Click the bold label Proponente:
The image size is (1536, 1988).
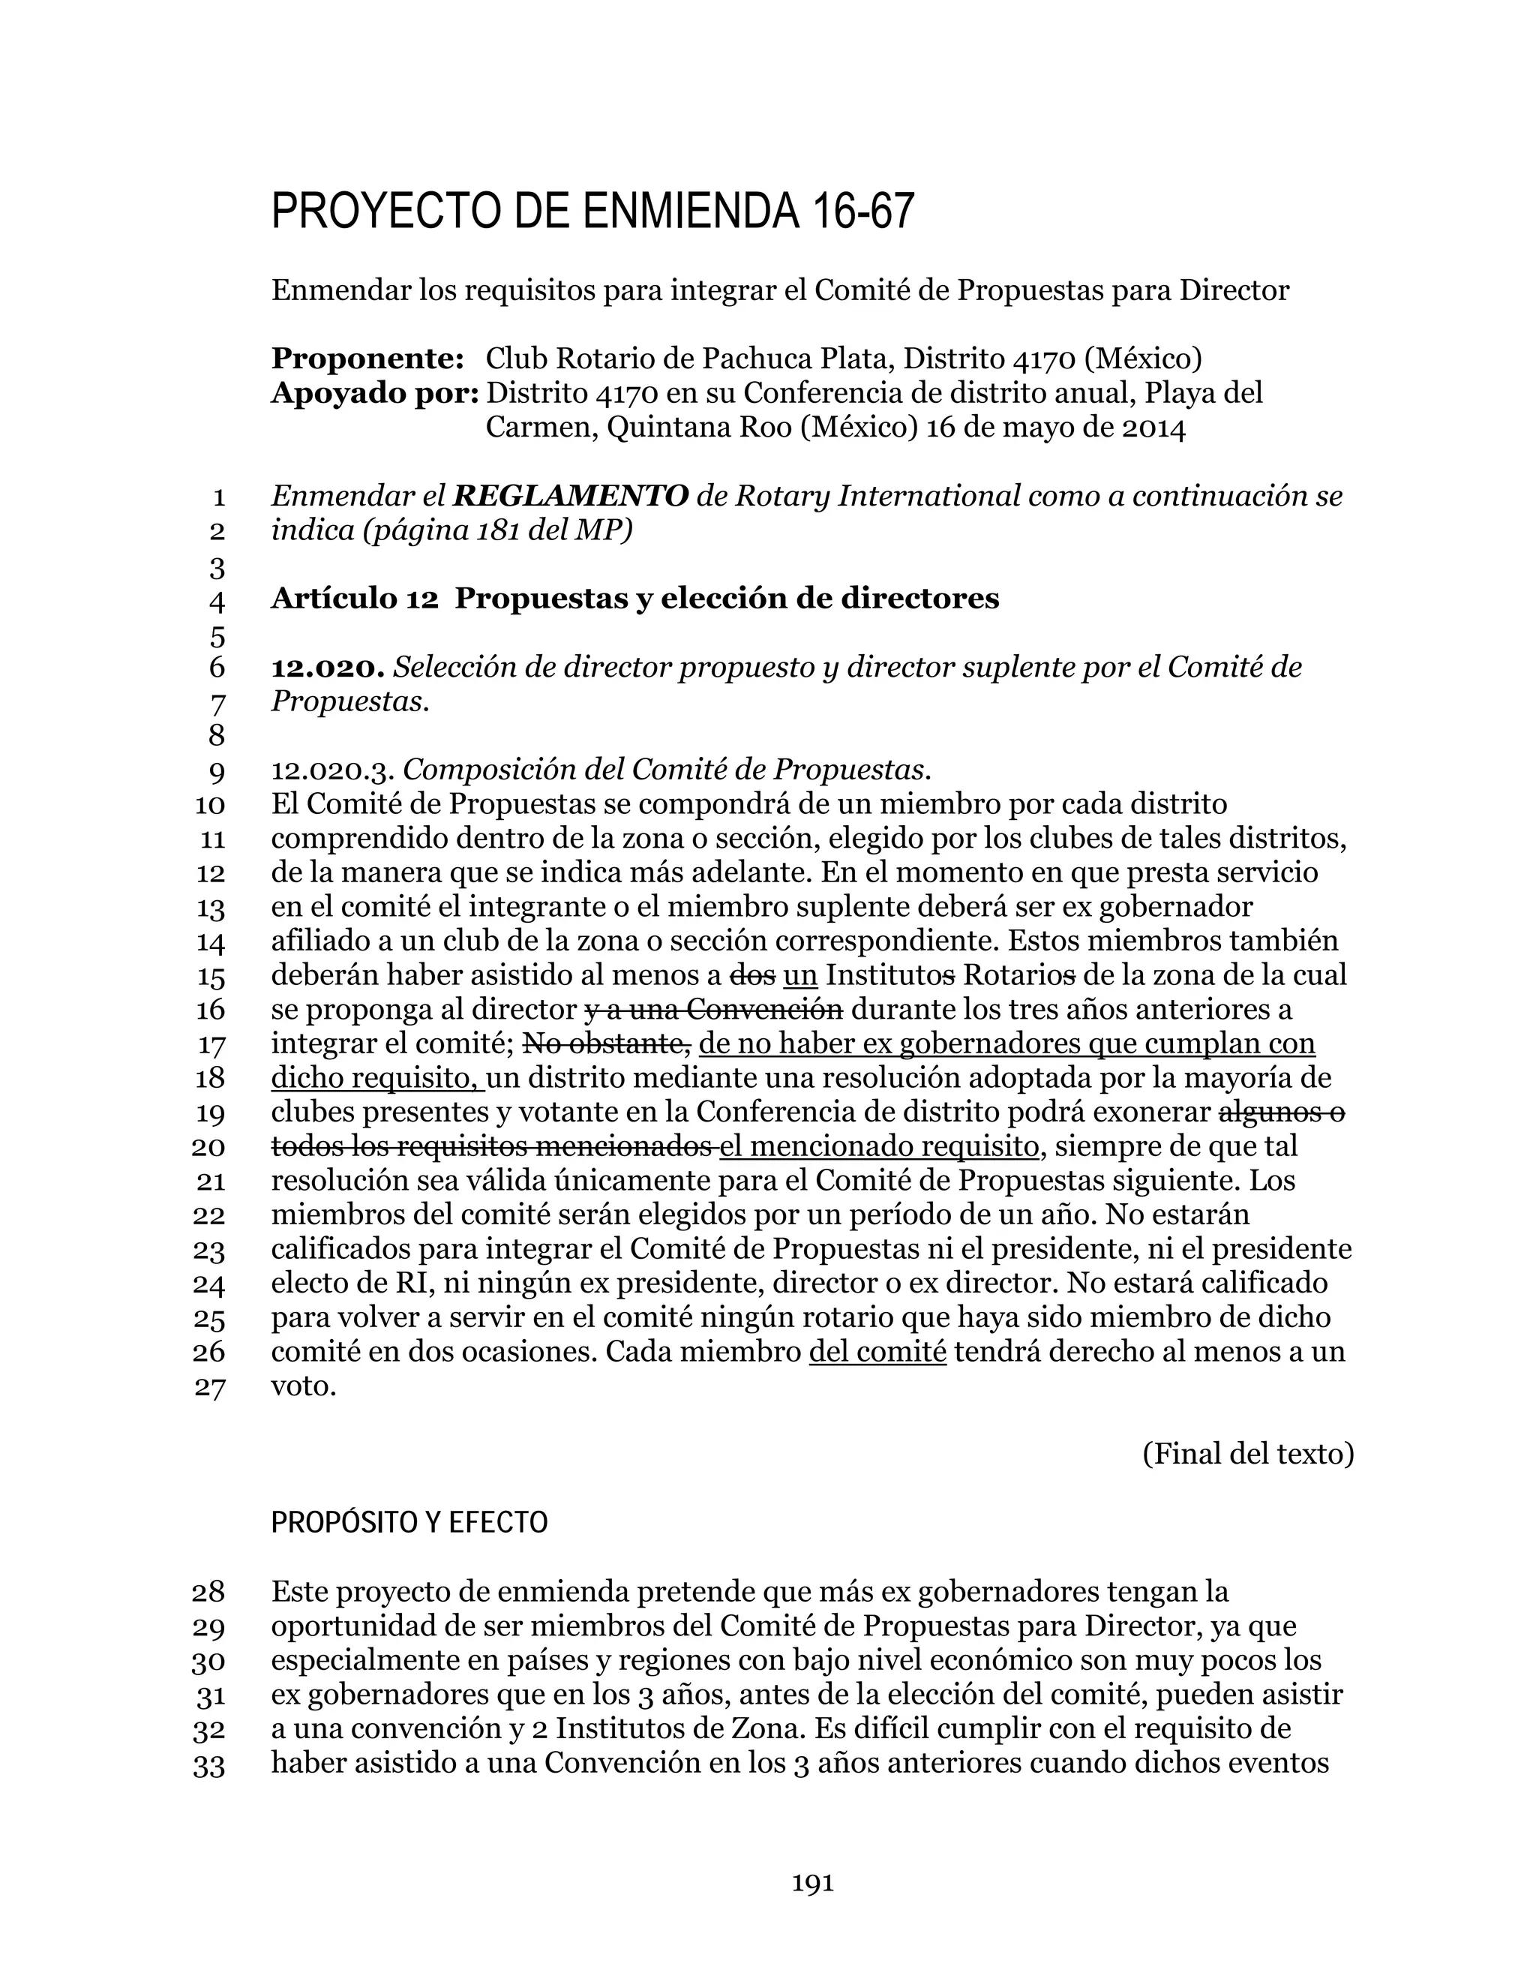(x=367, y=359)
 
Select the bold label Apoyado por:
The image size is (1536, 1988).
(x=375, y=393)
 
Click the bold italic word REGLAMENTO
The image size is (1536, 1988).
(x=571, y=496)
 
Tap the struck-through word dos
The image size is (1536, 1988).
(x=752, y=975)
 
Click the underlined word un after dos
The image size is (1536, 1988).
(x=799, y=975)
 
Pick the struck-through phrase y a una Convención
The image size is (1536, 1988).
(x=713, y=1010)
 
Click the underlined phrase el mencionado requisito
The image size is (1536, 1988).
(x=878, y=1146)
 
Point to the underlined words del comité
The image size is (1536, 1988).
(x=877, y=1352)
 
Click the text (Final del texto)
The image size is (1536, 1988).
(x=1247, y=1455)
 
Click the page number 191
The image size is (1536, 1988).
(x=812, y=1883)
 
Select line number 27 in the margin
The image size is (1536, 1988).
(x=209, y=1388)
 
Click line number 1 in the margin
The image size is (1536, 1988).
(x=217, y=498)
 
